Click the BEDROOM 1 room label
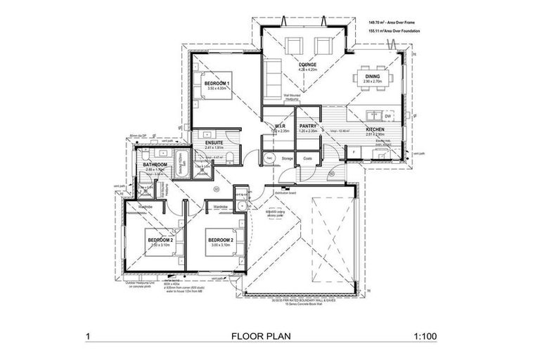tap(217, 84)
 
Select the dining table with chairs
tap(371, 76)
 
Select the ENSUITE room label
tap(214, 143)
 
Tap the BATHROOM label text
tap(154, 165)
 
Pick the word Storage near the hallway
tap(287, 160)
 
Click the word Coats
tap(307, 160)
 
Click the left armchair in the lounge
tap(292, 46)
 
